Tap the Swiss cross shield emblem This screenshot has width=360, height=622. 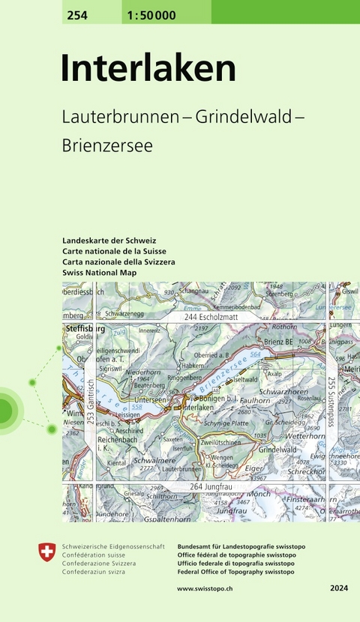click(46, 553)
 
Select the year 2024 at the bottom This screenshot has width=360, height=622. click(338, 591)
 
